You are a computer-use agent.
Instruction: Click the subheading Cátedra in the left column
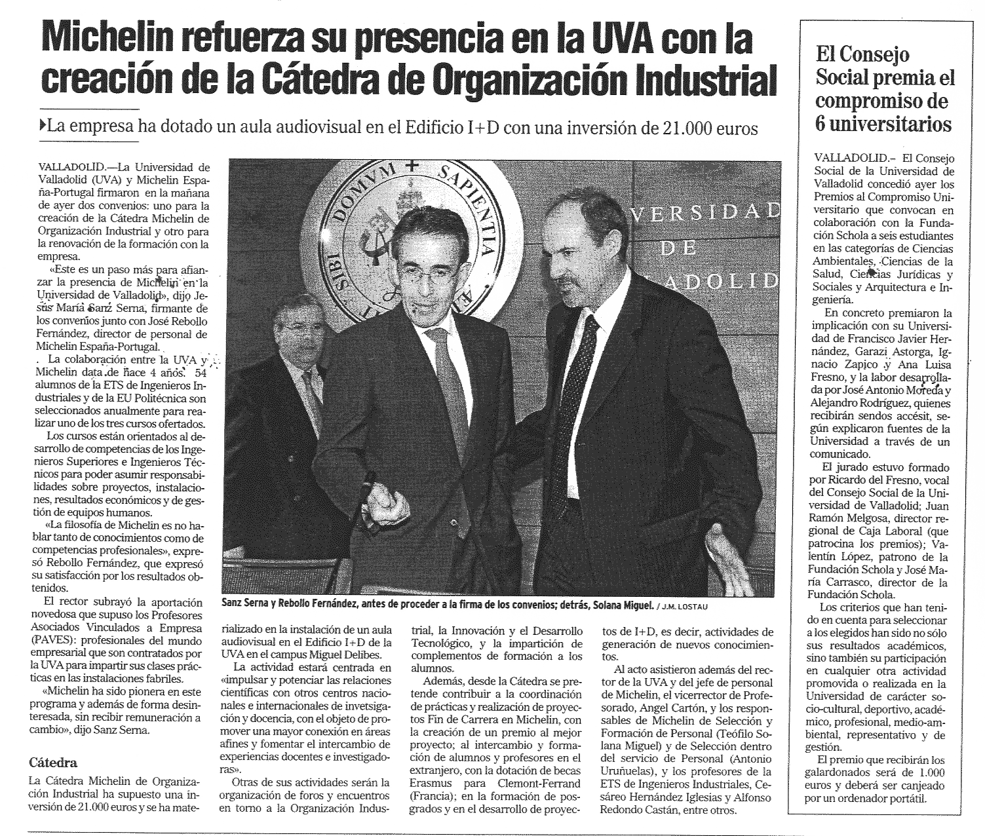click(54, 763)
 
